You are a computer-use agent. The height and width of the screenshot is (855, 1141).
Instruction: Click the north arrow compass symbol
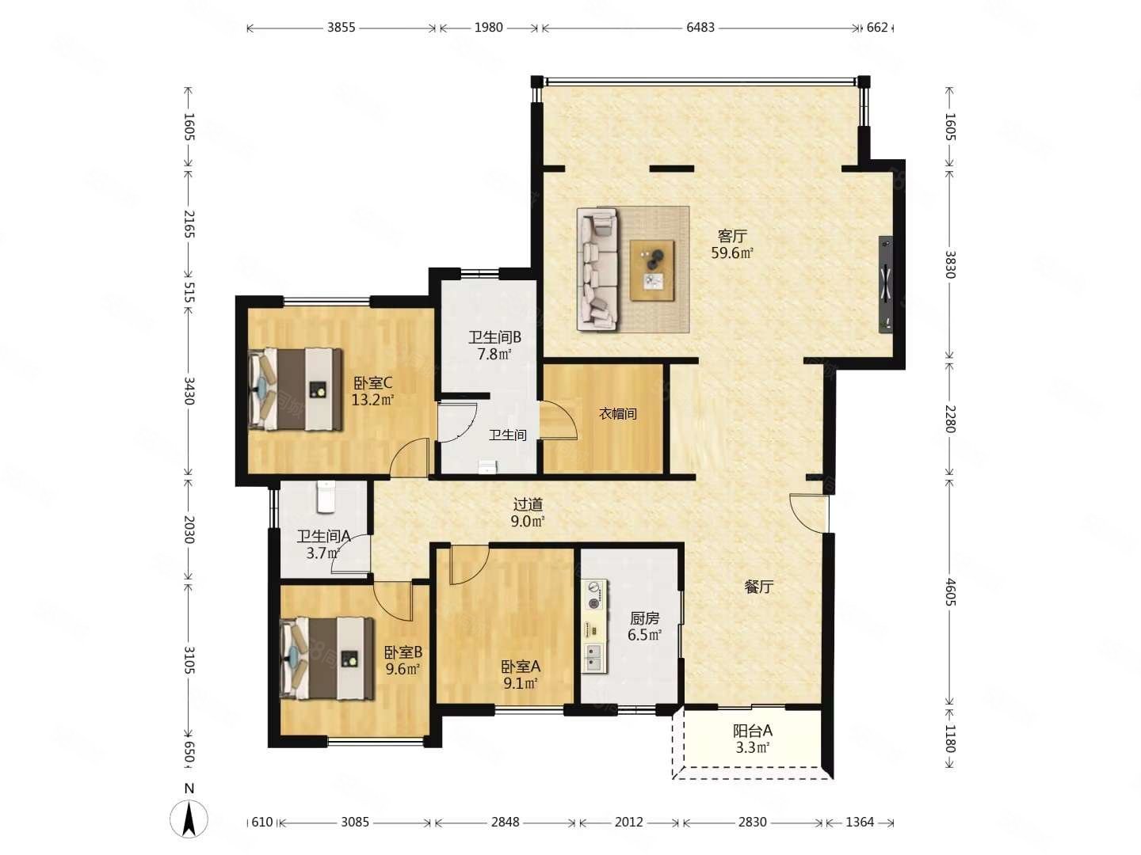click(189, 819)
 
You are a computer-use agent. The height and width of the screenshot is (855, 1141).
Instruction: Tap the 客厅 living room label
click(732, 236)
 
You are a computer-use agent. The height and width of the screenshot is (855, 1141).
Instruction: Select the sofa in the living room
click(597, 269)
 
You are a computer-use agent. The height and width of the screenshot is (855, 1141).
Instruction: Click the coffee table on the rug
click(652, 270)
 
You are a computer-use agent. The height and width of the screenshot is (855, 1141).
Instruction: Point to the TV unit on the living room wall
click(886, 284)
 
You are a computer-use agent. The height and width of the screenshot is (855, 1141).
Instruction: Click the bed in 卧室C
click(296, 389)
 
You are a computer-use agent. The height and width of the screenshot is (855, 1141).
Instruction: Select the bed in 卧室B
click(326, 658)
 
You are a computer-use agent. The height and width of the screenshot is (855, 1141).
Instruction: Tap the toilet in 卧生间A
click(326, 497)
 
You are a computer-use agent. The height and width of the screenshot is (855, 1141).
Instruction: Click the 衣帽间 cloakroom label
click(618, 414)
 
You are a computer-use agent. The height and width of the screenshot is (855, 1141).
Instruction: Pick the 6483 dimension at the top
click(700, 27)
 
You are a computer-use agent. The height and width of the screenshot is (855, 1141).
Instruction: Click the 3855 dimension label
click(341, 27)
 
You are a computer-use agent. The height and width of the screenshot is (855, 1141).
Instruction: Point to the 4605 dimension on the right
click(950, 592)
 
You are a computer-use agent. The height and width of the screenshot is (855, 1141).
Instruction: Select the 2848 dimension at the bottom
click(506, 822)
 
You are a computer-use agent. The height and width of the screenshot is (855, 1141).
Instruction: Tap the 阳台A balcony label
click(752, 731)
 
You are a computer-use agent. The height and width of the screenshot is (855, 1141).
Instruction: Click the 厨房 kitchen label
click(644, 617)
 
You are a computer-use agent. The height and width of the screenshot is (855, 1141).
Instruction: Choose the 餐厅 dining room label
click(759, 587)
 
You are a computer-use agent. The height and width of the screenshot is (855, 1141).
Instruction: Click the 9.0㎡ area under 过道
click(528, 521)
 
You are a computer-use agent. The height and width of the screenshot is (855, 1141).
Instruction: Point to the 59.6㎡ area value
click(732, 253)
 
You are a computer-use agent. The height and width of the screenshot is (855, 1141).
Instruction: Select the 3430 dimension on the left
click(189, 391)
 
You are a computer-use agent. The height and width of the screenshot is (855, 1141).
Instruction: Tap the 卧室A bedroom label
click(521, 666)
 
